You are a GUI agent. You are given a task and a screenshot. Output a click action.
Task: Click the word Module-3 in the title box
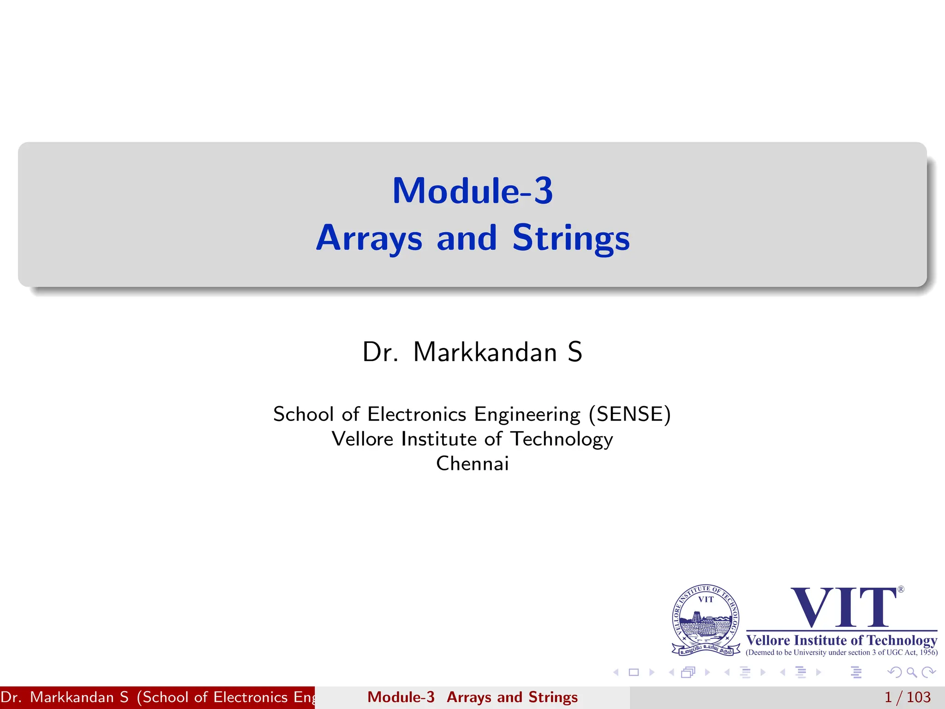(x=472, y=191)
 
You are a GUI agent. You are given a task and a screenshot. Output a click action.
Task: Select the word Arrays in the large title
(x=369, y=238)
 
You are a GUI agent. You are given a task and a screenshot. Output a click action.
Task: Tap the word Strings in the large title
(x=571, y=238)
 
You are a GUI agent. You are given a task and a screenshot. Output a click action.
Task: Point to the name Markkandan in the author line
(x=485, y=352)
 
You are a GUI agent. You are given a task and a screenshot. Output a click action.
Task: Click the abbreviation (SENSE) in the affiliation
(x=629, y=414)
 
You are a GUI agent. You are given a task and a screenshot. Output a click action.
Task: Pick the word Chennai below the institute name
(x=472, y=463)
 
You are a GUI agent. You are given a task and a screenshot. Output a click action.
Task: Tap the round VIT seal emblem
(x=706, y=619)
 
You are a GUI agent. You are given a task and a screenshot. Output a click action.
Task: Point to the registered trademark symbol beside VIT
(x=901, y=589)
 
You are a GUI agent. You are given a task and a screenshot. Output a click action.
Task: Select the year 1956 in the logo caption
(x=928, y=653)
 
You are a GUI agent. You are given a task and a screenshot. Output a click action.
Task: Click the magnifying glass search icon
(x=911, y=673)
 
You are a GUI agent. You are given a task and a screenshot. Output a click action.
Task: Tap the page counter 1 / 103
(x=907, y=697)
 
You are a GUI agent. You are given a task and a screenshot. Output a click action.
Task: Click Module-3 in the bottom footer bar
(x=401, y=697)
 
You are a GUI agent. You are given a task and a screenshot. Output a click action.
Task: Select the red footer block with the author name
(x=157, y=697)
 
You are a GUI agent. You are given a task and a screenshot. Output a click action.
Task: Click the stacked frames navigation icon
(x=688, y=673)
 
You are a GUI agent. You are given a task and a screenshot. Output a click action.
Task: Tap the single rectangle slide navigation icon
(x=634, y=673)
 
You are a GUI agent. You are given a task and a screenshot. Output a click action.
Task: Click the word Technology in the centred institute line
(x=562, y=439)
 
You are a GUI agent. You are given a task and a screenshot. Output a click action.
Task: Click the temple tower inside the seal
(x=698, y=619)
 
